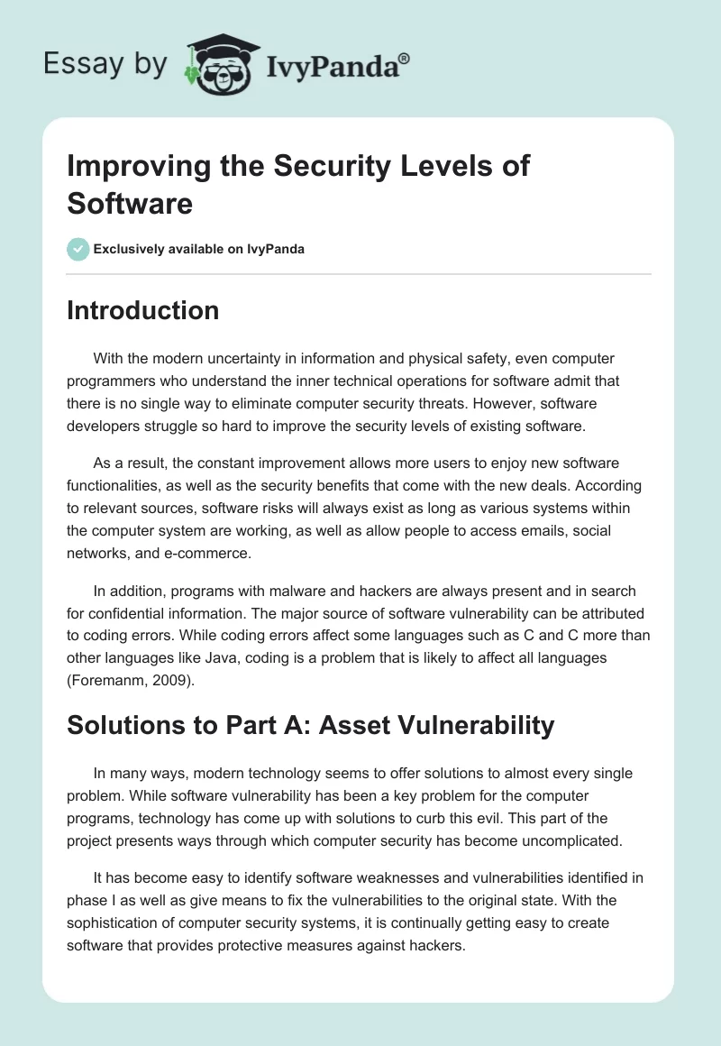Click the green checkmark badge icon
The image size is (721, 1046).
(x=78, y=249)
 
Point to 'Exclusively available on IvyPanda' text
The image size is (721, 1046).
(x=199, y=249)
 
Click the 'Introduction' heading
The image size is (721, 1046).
(x=143, y=311)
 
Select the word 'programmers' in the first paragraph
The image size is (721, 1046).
(x=111, y=381)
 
